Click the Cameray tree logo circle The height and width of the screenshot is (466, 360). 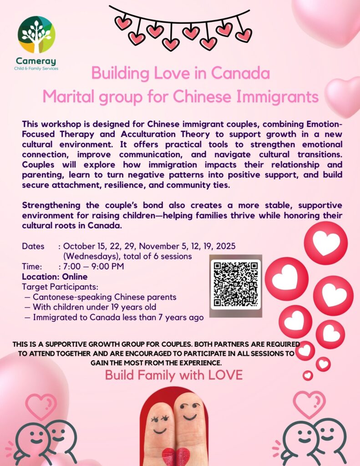point(36,35)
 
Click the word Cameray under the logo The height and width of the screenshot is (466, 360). point(36,61)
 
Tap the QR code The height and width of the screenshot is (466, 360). point(236,285)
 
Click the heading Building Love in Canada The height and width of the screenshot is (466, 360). point(181,73)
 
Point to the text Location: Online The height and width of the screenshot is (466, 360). point(55,277)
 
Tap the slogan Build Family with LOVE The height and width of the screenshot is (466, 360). point(174,375)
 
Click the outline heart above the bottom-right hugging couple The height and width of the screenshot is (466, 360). point(309,403)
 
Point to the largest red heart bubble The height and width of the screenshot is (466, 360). point(326,243)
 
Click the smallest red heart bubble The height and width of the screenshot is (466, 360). point(308,375)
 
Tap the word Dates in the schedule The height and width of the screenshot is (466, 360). point(33,246)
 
